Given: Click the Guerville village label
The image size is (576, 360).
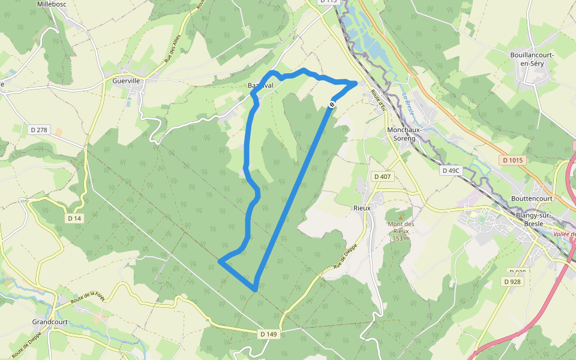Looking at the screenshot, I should (126, 80).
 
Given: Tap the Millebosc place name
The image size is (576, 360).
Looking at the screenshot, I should (53, 4).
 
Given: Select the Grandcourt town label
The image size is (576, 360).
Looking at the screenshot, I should (50, 322).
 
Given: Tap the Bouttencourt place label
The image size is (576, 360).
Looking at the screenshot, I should (531, 197).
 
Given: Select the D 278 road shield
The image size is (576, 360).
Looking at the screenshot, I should (38, 130).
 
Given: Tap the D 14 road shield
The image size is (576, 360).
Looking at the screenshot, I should (74, 218).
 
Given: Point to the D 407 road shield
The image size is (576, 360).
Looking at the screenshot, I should (382, 176).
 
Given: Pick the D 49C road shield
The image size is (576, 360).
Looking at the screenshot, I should (451, 170).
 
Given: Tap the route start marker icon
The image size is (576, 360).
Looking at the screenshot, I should (331, 105).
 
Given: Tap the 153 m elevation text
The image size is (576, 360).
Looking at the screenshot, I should (400, 238).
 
